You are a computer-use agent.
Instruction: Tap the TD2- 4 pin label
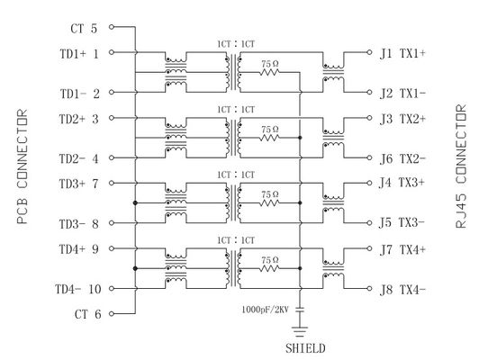pos(79,159)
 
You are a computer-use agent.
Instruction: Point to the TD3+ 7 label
pos(79,183)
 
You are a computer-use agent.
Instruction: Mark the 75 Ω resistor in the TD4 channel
pos(267,268)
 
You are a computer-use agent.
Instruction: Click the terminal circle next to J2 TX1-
pos(370,93)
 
